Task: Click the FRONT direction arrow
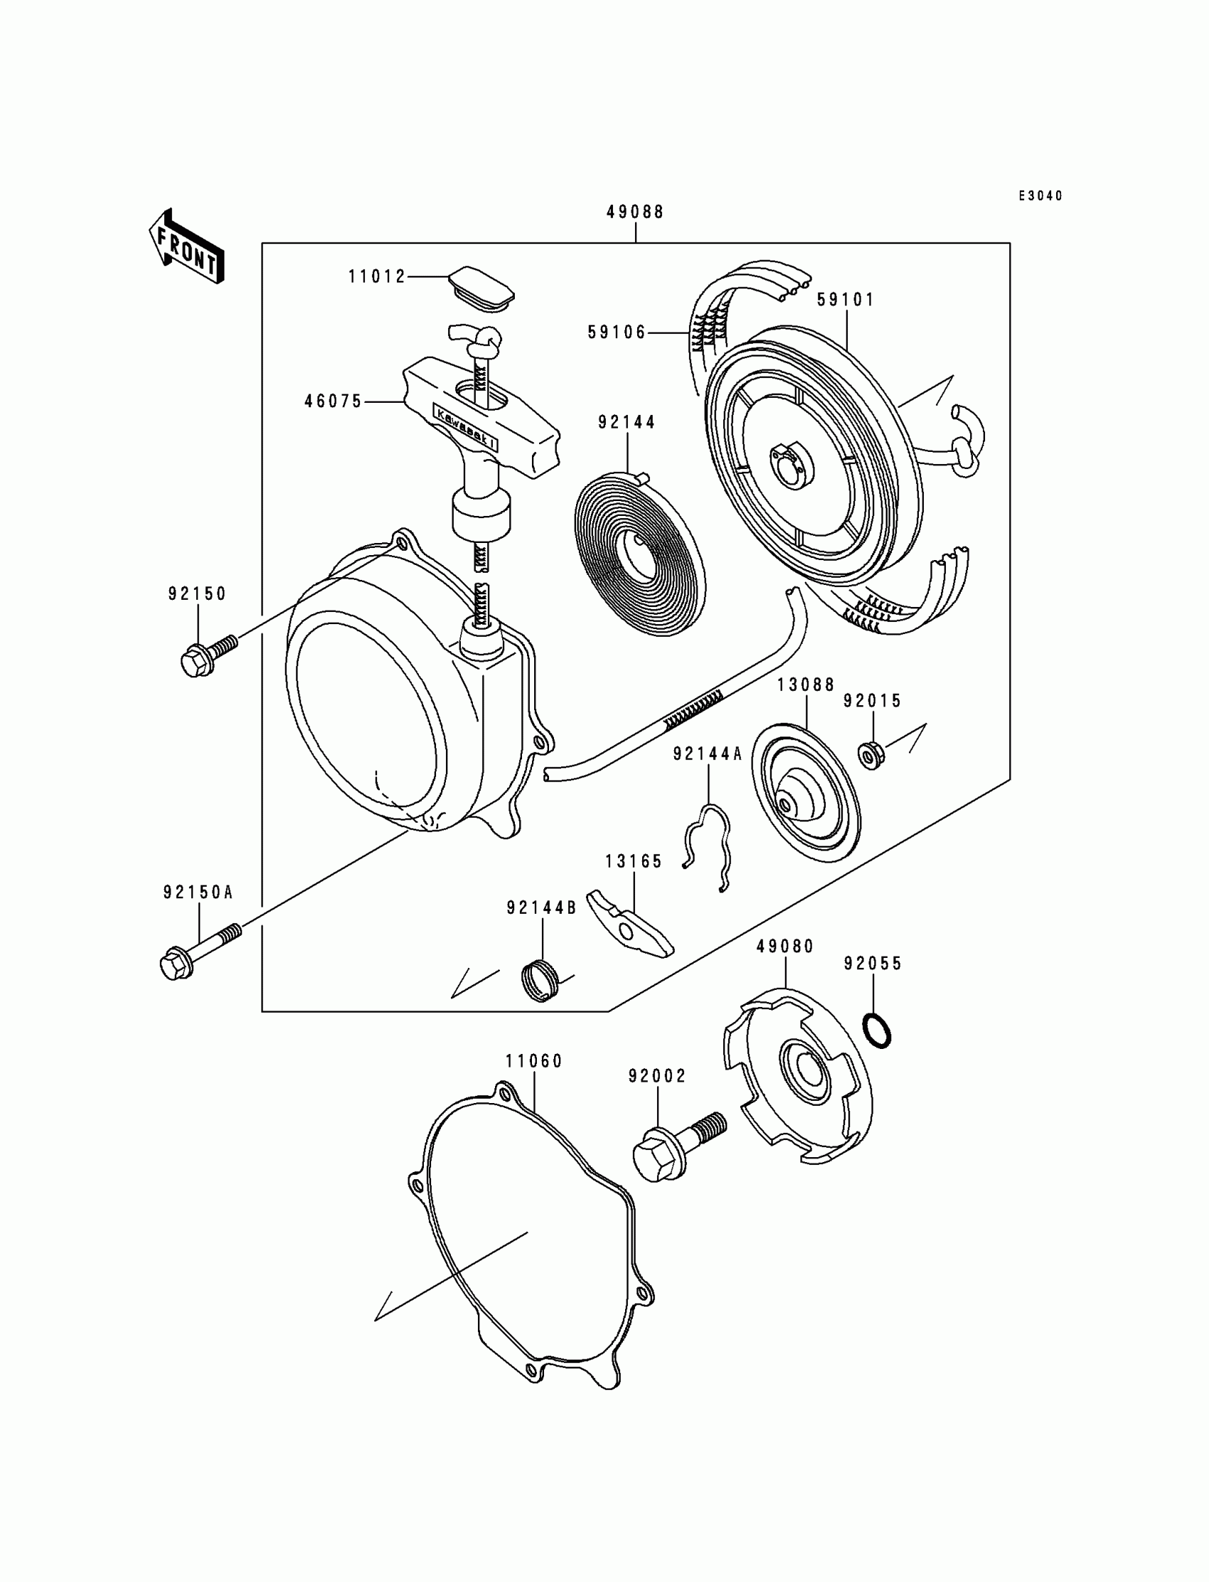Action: click(186, 246)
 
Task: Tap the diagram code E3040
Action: click(1040, 196)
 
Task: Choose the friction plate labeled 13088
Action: click(806, 795)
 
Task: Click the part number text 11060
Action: click(534, 1060)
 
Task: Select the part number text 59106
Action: click(617, 332)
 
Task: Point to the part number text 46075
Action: click(334, 402)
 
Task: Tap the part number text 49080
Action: click(785, 946)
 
